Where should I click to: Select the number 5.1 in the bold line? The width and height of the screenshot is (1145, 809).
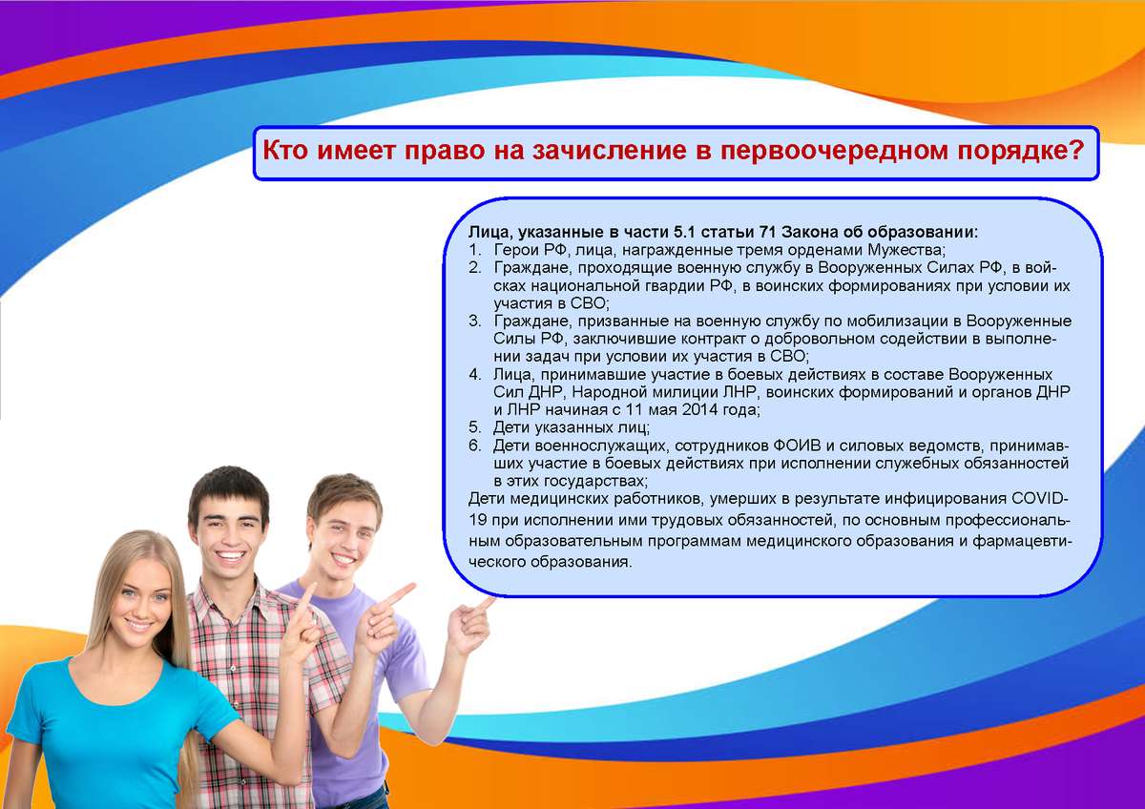[x=684, y=232]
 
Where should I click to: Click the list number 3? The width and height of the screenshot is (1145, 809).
[x=475, y=321]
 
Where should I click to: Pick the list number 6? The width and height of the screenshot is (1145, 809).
[x=475, y=446]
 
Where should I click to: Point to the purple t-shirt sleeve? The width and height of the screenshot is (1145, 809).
[x=404, y=659]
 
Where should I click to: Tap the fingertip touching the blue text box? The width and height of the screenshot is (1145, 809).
[x=491, y=601]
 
